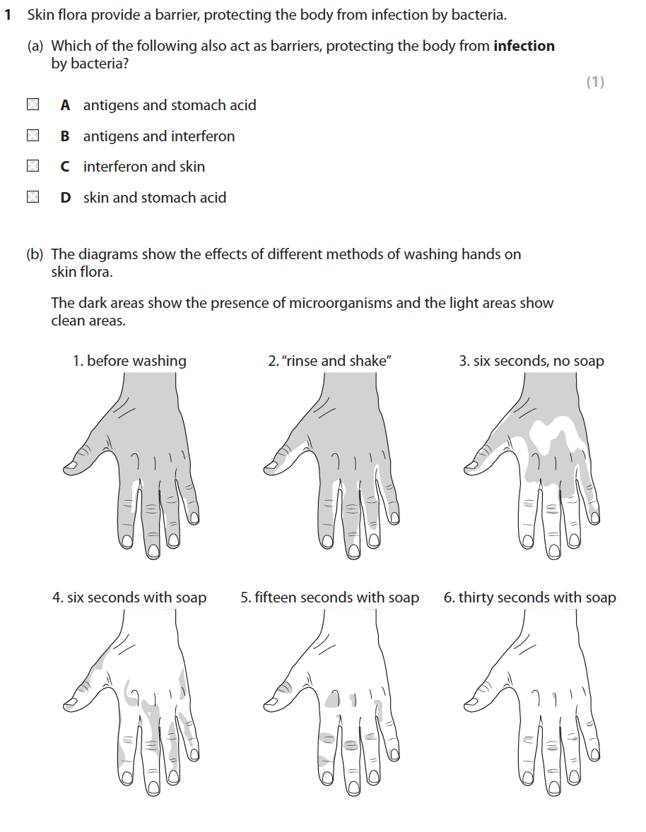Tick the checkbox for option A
(x=33, y=105)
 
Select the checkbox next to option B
(x=33, y=136)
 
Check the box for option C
(x=33, y=166)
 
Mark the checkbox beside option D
(x=33, y=197)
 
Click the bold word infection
(x=524, y=46)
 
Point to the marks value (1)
(x=595, y=82)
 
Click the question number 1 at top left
(x=8, y=15)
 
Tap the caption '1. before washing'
(x=129, y=361)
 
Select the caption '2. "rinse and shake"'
(x=329, y=361)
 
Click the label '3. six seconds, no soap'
(x=532, y=362)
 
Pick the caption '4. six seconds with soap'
(x=129, y=598)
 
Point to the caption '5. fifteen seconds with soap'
(x=329, y=598)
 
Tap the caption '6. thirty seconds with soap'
(x=530, y=598)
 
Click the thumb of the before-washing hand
(x=84, y=458)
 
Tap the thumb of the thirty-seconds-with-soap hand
(x=485, y=695)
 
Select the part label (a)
(x=35, y=46)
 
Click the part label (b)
(x=35, y=255)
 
